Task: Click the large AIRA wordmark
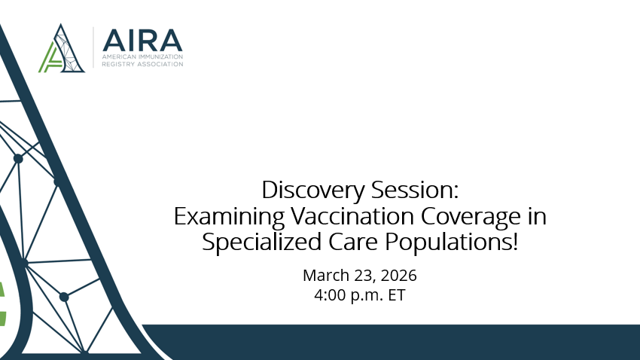(142, 40)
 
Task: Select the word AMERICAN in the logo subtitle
(119, 57)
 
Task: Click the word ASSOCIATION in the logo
(157, 64)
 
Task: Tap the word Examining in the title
(219, 216)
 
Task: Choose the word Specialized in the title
(254, 243)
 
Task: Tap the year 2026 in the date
(396, 274)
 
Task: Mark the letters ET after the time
(396, 295)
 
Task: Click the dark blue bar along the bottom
(392, 343)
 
